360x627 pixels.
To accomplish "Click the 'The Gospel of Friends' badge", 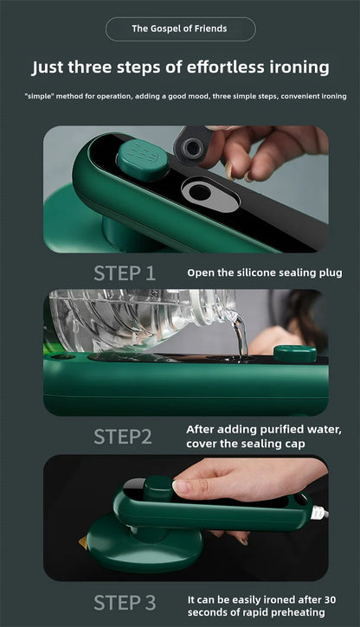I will pyautogui.click(x=180, y=29).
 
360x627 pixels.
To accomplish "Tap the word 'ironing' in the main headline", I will pyautogui.click(x=294, y=67).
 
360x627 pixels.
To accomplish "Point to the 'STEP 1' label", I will pyautogui.click(x=125, y=274).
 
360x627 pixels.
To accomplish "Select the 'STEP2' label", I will pyautogui.click(x=122, y=437).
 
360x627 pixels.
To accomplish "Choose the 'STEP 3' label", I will pyautogui.click(x=125, y=602).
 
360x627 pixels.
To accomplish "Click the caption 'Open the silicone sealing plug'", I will pyautogui.click(x=265, y=272).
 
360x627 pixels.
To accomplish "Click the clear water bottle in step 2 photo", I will pyautogui.click(x=138, y=320).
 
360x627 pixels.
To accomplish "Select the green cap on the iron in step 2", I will pyautogui.click(x=294, y=353).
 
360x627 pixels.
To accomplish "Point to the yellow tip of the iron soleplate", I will pyautogui.click(x=83, y=545).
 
